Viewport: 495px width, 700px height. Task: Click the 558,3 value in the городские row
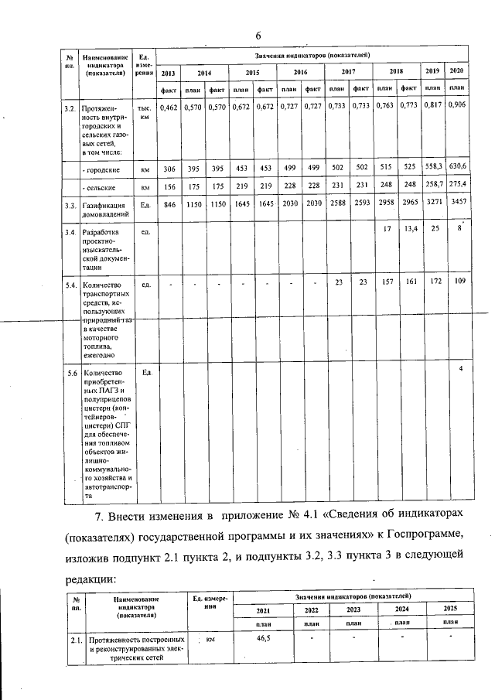pyautogui.click(x=436, y=167)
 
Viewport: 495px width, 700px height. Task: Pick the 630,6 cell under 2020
pyautogui.click(x=460, y=167)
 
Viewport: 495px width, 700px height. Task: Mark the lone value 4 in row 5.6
pyautogui.click(x=460, y=368)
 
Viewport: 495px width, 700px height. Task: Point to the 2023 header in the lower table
pyautogui.click(x=338, y=609)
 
